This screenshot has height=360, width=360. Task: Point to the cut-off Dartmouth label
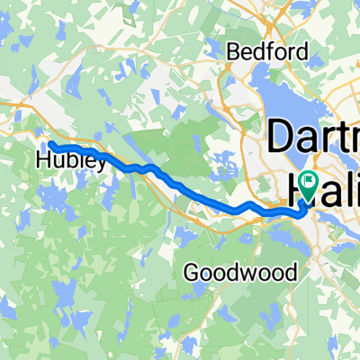coord(315,138)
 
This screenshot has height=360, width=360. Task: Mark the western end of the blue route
coord(50,144)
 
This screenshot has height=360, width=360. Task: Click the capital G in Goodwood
coord(190,271)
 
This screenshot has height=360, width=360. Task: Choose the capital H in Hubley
coord(43,163)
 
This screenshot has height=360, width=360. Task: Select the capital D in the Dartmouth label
coord(282,138)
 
